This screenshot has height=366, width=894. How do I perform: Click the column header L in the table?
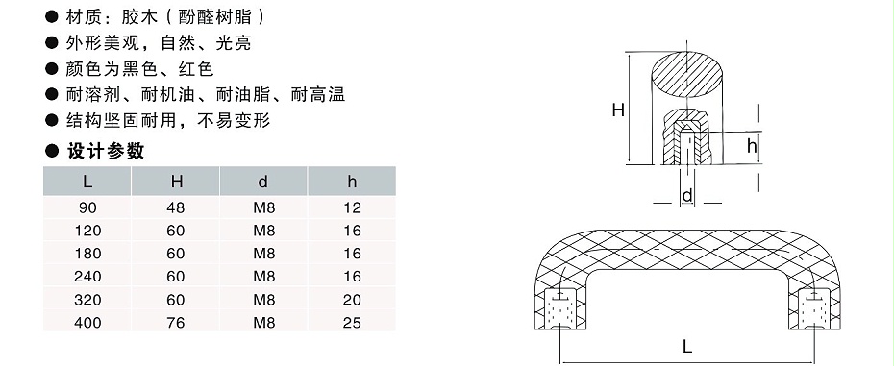[x=87, y=181]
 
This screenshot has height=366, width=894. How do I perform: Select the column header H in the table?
[x=176, y=181]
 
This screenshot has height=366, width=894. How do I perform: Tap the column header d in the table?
[x=263, y=181]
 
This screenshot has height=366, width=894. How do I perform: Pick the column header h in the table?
[x=352, y=181]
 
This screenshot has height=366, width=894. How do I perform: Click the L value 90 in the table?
[x=87, y=207]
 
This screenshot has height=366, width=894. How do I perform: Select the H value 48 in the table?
[x=176, y=207]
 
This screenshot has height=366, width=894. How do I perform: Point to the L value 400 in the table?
[x=87, y=323]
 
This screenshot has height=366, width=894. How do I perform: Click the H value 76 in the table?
[x=176, y=323]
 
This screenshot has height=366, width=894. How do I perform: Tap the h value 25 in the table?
[x=352, y=323]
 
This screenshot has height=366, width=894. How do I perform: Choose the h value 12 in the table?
[x=352, y=207]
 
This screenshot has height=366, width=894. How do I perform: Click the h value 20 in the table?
[x=352, y=300]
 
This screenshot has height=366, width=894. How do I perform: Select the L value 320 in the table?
[x=87, y=300]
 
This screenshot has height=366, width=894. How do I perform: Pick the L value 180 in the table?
[x=87, y=253]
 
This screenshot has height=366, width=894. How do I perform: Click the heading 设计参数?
[x=105, y=151]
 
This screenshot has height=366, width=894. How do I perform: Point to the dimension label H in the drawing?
[x=618, y=110]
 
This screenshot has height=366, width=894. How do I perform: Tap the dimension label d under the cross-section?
[x=686, y=198]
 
